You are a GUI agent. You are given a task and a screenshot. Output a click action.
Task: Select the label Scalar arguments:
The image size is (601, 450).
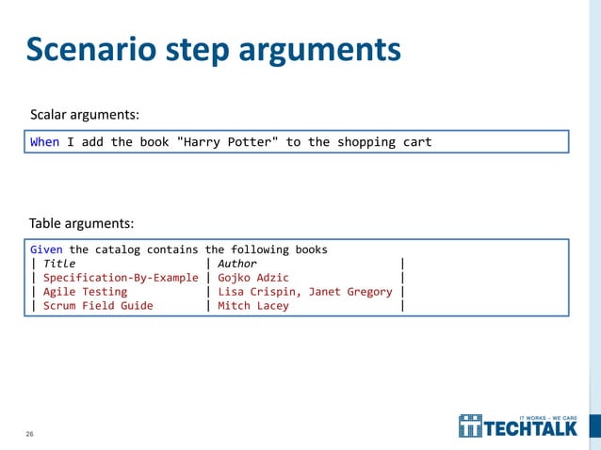tap(85, 114)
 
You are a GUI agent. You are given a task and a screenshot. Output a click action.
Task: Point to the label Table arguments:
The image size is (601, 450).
tap(81, 223)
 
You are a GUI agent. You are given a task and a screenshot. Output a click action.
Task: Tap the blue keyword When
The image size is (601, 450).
tap(44, 142)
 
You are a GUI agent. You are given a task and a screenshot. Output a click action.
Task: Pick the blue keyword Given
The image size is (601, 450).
tap(47, 249)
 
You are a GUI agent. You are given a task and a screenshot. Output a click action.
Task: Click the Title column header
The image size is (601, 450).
tap(59, 264)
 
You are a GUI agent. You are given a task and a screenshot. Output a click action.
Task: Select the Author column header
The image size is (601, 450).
tap(237, 264)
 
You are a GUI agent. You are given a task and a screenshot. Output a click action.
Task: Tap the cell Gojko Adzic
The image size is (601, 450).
tap(253, 278)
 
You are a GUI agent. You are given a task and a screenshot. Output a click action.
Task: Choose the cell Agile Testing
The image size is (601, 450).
tap(85, 292)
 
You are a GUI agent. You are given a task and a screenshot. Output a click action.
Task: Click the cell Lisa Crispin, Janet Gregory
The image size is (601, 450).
tap(305, 292)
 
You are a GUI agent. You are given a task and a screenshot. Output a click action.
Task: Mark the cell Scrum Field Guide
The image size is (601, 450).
tap(98, 306)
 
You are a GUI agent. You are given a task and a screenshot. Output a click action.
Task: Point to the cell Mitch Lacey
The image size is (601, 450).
tap(253, 306)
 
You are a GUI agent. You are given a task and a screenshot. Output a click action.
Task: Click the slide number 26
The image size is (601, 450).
tap(29, 434)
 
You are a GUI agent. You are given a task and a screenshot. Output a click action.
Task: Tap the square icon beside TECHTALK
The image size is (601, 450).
tap(470, 426)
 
